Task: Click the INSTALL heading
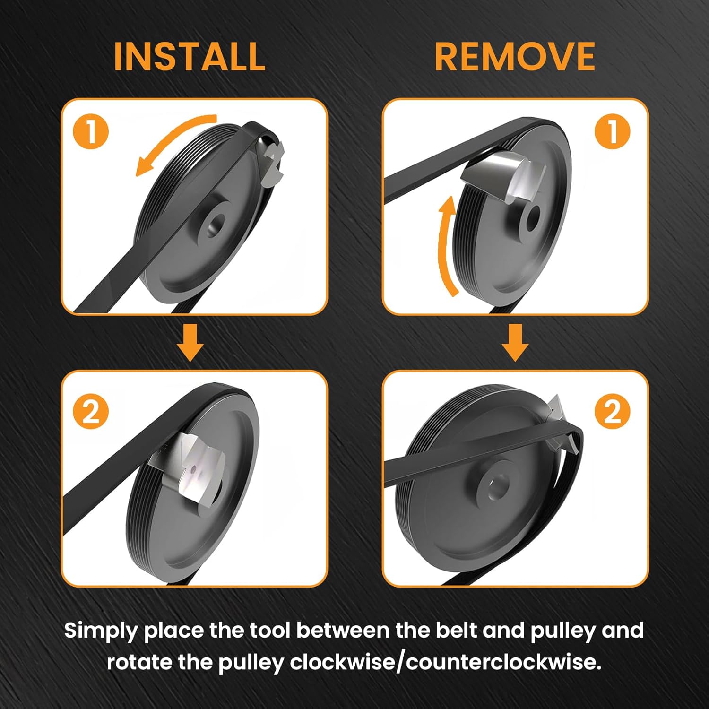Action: [x=190, y=57]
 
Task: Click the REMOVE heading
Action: [x=514, y=57]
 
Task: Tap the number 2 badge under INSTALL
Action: [x=91, y=411]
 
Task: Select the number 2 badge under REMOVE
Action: [x=612, y=411]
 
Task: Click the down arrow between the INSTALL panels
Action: [x=190, y=342]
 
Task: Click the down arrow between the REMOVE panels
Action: [x=515, y=342]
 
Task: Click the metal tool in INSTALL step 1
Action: [x=273, y=163]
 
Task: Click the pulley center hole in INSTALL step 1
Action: [x=216, y=224]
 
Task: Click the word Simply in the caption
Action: [x=100, y=631]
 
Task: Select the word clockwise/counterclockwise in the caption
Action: [x=445, y=662]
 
